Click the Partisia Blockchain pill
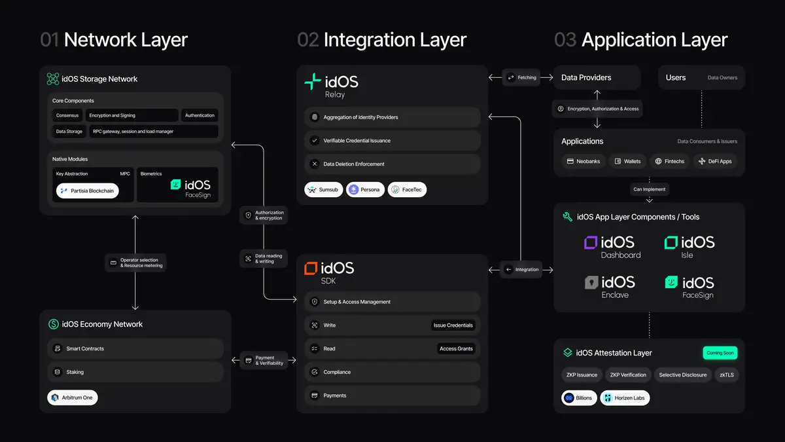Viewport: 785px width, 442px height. point(88,191)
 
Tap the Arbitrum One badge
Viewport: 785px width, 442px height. point(73,397)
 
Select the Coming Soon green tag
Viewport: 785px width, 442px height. point(720,352)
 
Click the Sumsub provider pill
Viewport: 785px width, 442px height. point(324,190)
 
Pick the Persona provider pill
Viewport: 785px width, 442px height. point(365,190)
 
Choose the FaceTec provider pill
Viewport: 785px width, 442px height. point(407,190)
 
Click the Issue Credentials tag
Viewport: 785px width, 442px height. point(453,325)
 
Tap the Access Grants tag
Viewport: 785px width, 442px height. point(456,348)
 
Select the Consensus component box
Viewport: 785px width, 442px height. point(67,115)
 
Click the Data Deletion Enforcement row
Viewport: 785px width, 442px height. point(392,164)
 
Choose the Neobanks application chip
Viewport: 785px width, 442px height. point(584,161)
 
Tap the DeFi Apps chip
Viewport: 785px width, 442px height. point(715,161)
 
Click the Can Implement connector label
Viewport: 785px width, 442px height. point(649,189)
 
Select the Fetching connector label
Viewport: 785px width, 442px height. point(521,77)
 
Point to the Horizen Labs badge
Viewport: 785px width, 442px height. point(625,397)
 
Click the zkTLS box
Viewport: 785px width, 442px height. point(727,375)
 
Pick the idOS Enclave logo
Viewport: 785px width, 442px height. point(610,287)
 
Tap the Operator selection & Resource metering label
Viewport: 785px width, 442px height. point(135,263)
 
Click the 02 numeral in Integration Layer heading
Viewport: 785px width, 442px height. point(308,40)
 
